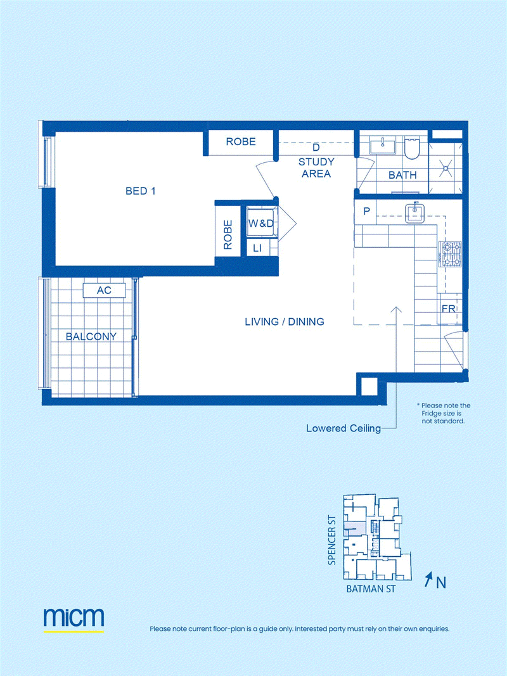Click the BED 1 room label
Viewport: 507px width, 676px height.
click(x=140, y=191)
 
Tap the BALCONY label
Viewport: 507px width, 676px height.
click(x=91, y=336)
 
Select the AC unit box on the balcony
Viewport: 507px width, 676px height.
click(x=104, y=290)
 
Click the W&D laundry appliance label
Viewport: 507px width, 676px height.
click(x=261, y=223)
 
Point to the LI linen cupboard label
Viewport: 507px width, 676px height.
click(x=257, y=248)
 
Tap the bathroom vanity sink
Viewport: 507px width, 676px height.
click(x=382, y=146)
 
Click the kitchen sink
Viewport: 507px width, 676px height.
click(x=414, y=213)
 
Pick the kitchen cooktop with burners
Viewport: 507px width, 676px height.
click(x=450, y=254)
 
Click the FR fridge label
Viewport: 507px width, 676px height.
click(x=448, y=309)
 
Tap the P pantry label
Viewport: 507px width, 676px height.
click(x=367, y=211)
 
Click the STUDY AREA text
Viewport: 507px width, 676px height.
click(x=316, y=168)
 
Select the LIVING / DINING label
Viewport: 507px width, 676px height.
click(x=285, y=322)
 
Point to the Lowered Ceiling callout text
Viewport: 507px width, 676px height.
click(x=343, y=428)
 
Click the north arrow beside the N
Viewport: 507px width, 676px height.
click(x=428, y=580)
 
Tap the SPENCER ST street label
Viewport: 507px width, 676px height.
click(x=331, y=540)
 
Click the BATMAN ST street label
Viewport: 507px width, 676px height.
click(x=371, y=589)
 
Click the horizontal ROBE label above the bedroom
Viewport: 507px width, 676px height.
click(x=241, y=141)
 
